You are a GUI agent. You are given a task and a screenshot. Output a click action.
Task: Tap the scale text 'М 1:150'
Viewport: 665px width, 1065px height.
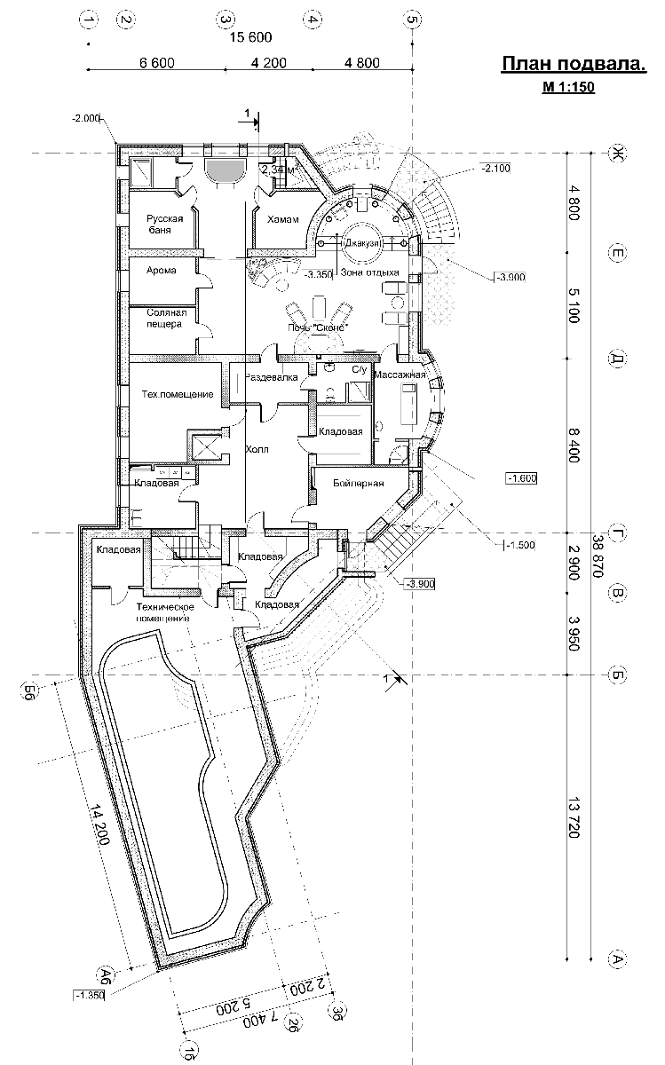pos(568,87)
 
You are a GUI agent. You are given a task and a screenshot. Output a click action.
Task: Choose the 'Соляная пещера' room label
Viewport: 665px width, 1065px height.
pos(165,319)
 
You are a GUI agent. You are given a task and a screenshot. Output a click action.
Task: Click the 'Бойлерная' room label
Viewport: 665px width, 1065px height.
pos(359,483)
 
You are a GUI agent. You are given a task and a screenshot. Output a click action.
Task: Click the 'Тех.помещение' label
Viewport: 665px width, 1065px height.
pos(177,394)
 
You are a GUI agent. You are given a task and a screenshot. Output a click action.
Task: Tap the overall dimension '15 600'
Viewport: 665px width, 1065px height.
pos(250,37)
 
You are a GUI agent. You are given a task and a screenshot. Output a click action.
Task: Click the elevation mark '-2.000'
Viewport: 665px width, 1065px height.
pos(89,117)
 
